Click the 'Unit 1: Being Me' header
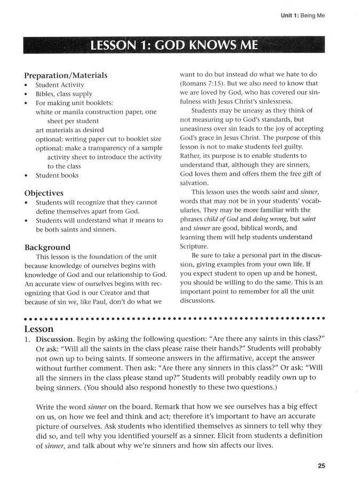303,15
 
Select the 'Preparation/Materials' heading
66,76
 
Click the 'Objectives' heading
44,193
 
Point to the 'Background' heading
48,247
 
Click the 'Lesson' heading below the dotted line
39,329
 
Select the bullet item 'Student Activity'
60,85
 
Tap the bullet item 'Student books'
57,175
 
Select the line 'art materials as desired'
69,130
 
